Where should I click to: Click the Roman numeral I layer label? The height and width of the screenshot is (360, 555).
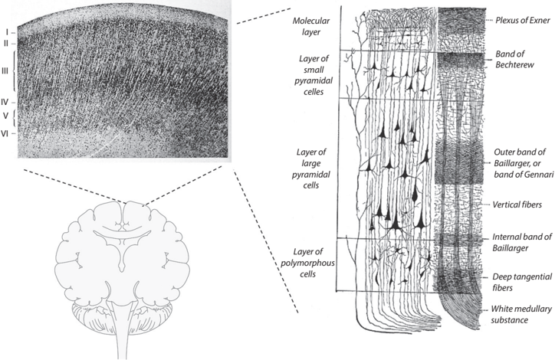(5, 31)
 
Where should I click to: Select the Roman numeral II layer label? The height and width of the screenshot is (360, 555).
(5, 43)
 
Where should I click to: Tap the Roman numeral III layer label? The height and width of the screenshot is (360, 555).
(5, 71)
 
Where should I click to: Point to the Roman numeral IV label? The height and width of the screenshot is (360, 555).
(5, 101)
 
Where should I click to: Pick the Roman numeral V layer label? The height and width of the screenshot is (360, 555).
(5, 116)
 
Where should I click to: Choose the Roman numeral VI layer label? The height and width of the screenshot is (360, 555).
(5, 133)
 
